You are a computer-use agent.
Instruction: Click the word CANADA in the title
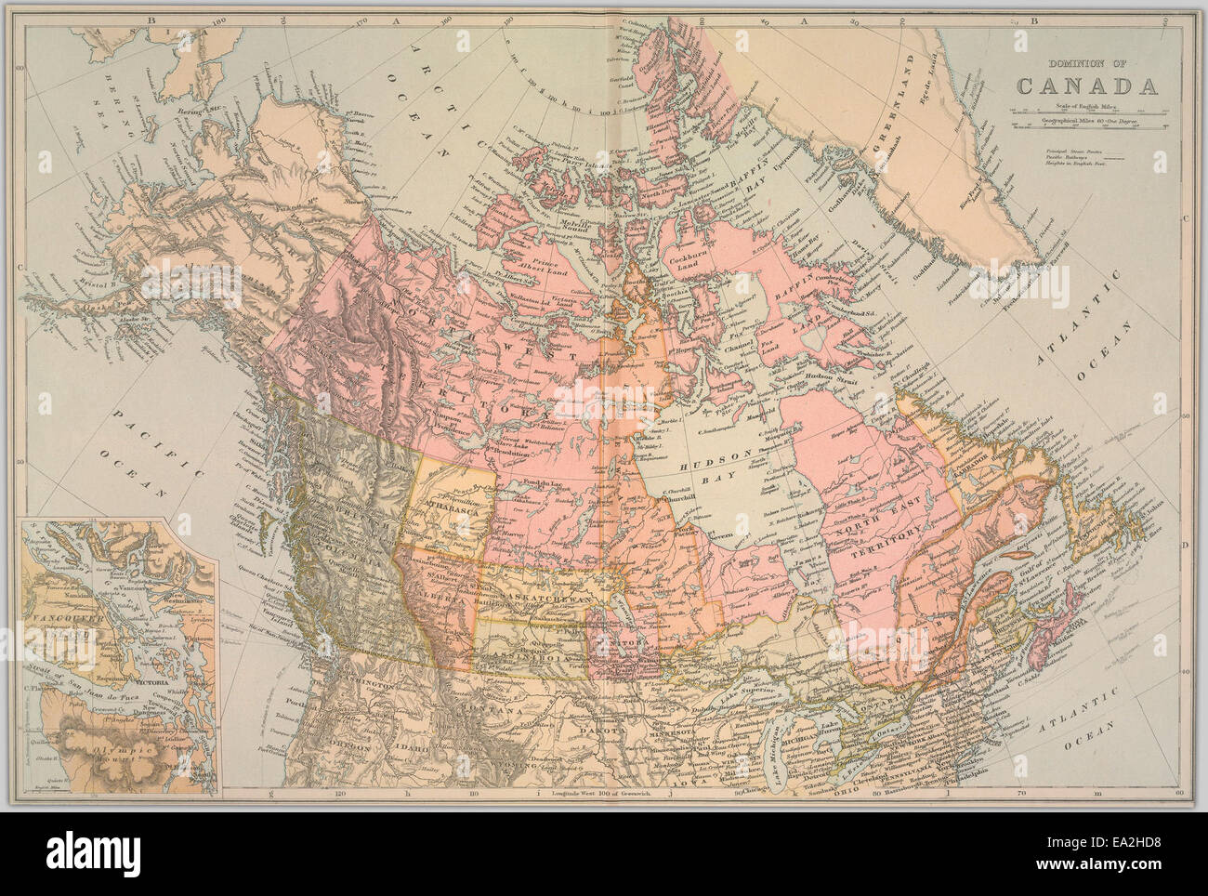click(x=1086, y=86)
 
